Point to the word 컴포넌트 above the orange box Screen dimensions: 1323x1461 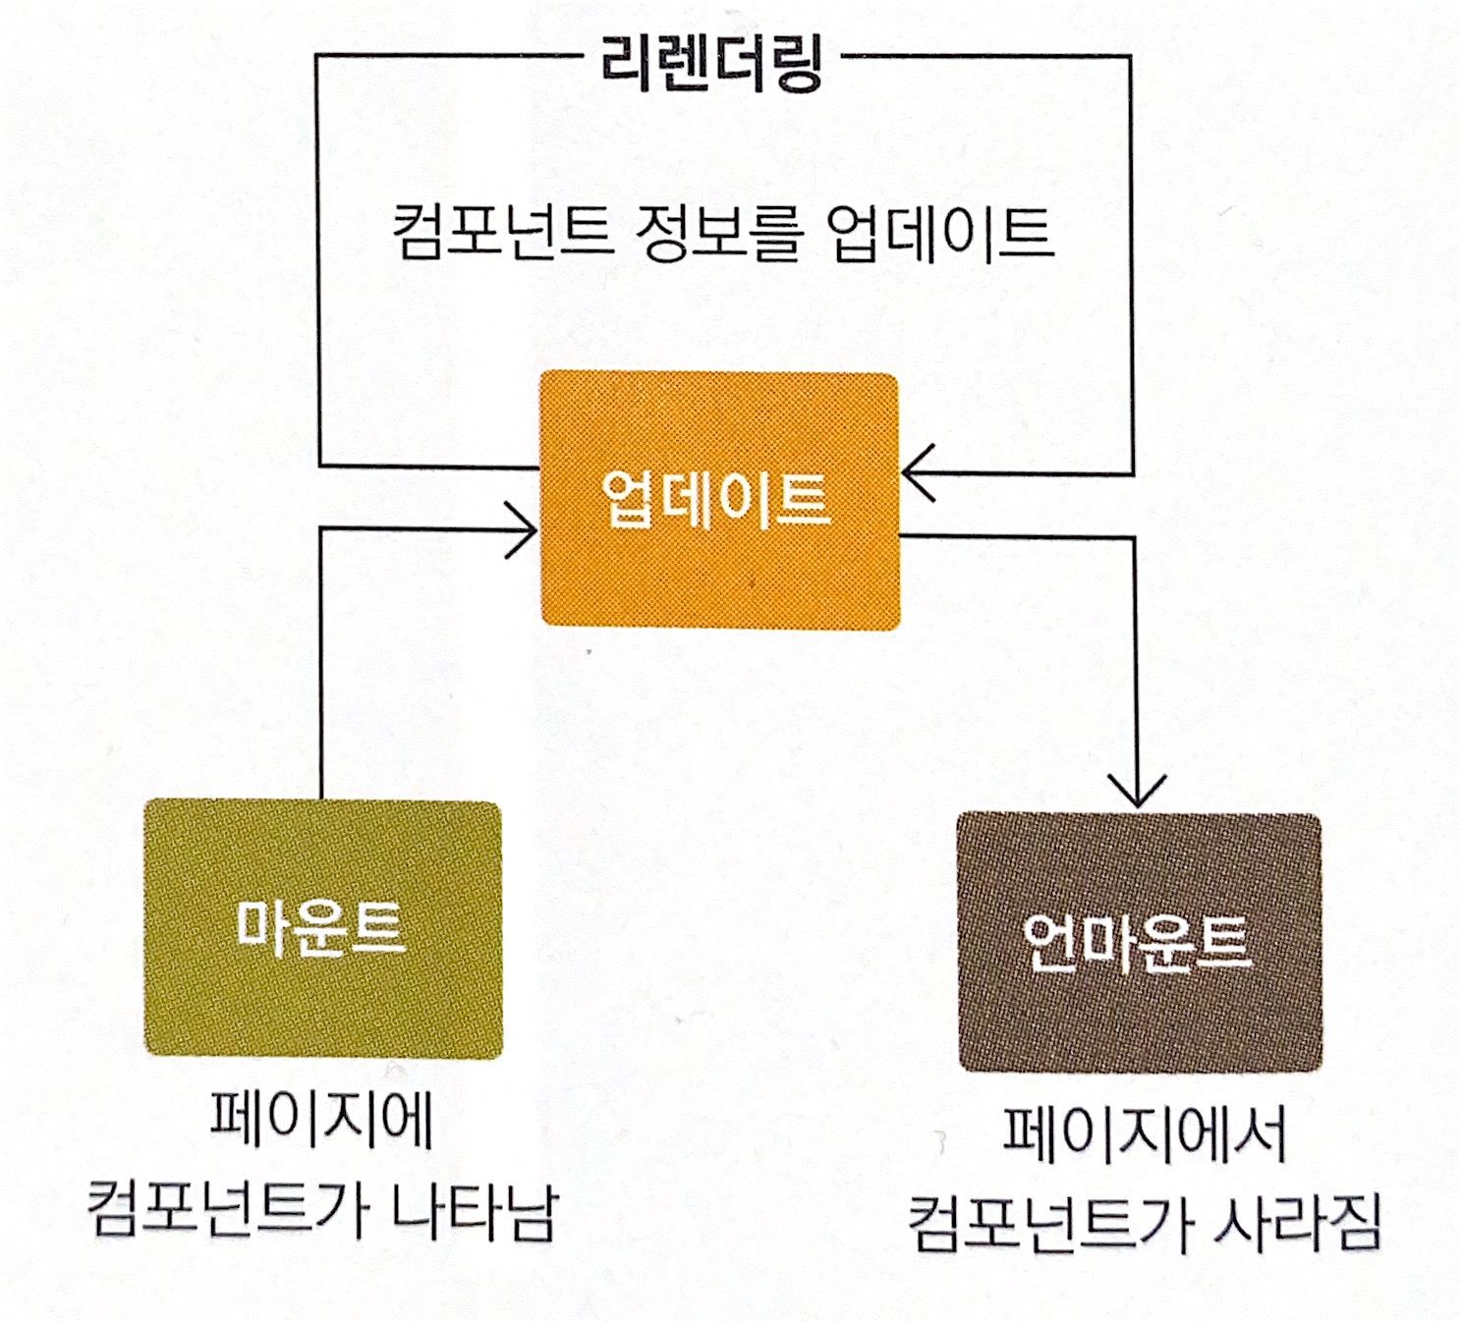tap(502, 233)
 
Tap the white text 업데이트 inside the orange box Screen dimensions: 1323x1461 tap(716, 500)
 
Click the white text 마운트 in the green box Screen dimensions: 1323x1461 tap(320, 926)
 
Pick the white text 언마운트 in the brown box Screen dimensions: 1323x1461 tap(1137, 942)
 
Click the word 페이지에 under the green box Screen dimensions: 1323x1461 tap(322, 1119)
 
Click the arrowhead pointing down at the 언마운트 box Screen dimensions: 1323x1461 tap(1137, 792)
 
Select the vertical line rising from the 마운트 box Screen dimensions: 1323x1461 tap(321, 668)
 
